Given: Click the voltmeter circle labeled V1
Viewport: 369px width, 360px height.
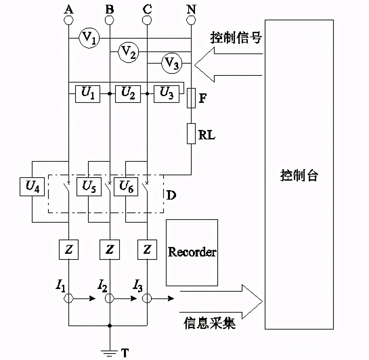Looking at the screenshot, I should click(x=89, y=38).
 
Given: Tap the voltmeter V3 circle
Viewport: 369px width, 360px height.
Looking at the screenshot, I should click(x=172, y=63).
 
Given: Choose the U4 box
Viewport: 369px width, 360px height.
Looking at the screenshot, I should click(x=32, y=186).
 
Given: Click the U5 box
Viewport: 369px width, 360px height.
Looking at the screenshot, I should click(x=89, y=186).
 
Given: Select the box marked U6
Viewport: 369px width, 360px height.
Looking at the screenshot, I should click(x=126, y=186).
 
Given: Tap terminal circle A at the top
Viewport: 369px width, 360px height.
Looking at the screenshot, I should click(x=69, y=20).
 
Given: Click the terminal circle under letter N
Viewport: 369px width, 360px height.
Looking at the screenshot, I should click(x=191, y=20).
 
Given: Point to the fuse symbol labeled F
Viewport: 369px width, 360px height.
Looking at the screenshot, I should click(x=191, y=98).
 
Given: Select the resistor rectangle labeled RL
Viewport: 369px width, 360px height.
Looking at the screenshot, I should click(x=191, y=134).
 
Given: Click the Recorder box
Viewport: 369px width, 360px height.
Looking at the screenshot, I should click(x=192, y=252).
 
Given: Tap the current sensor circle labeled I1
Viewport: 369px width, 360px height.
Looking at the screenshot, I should click(x=69, y=298).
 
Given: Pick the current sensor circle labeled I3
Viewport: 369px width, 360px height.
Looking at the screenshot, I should click(x=147, y=298).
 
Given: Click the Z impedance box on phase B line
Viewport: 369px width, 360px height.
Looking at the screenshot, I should click(x=109, y=250).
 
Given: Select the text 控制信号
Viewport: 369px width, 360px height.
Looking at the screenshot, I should click(x=236, y=38).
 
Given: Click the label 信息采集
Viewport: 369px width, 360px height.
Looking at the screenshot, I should click(x=210, y=323).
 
